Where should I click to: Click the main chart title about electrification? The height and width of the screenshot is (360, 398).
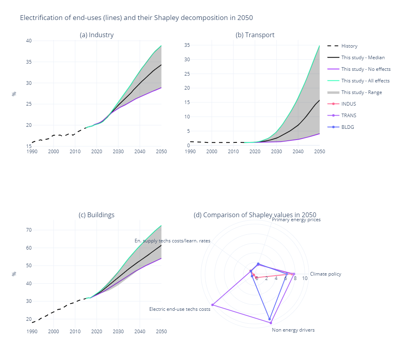coord(136,18)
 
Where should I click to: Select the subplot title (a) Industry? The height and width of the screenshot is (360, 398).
coord(97,35)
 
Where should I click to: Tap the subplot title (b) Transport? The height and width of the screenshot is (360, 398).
coord(255,35)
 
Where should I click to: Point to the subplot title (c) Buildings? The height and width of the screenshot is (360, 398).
coord(97,215)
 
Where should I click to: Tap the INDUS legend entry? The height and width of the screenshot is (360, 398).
coord(348,104)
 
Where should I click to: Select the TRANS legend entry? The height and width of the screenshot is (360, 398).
coord(348,116)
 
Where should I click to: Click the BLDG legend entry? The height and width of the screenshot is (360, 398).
coord(348,127)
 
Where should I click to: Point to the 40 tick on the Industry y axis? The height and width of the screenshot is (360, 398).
coord(29,41)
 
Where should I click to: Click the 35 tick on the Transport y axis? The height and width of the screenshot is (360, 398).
coord(187,45)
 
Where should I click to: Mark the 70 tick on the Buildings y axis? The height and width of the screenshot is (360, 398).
coord(29,230)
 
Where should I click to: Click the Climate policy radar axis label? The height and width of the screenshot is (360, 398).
coord(325,274)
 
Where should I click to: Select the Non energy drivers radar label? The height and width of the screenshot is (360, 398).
coord(293,330)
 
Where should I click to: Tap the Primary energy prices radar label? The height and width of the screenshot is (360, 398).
coord(296,220)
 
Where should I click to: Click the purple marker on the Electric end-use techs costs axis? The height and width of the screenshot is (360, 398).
coord(213,305)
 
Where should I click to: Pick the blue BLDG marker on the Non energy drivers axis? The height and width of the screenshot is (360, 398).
coord(270,319)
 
